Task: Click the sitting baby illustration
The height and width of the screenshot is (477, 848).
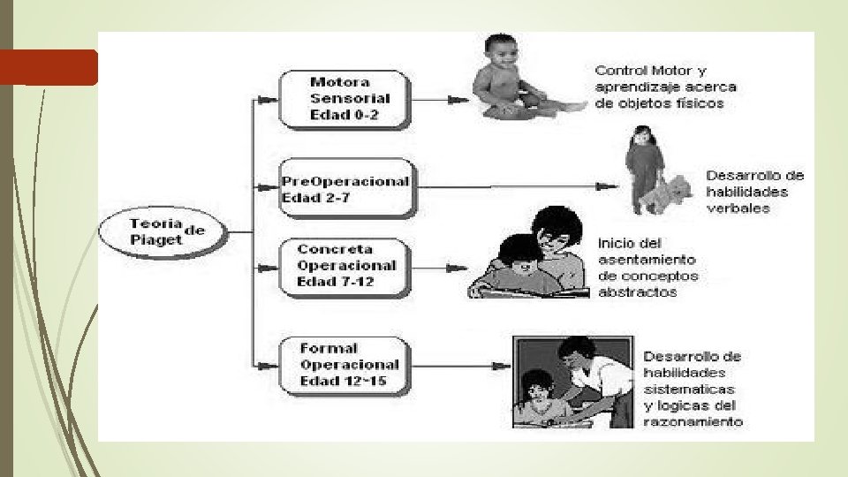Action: tap(512, 79)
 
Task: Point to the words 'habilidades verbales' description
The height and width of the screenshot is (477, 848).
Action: tap(746, 200)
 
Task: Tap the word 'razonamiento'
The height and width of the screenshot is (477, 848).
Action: tap(693, 422)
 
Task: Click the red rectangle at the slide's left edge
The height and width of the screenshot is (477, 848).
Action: tap(49, 67)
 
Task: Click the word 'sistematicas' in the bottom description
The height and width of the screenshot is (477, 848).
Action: tap(689, 390)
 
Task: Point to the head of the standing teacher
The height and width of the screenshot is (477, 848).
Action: tap(578, 348)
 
